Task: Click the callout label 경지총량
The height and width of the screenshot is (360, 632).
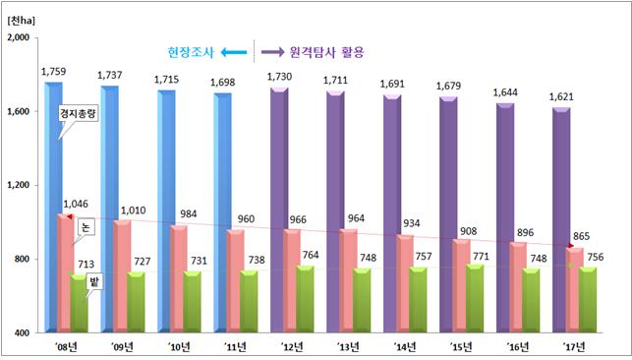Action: click(x=79, y=115)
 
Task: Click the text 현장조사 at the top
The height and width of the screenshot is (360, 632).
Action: click(x=189, y=50)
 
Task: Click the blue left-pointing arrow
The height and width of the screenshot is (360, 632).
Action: click(x=232, y=50)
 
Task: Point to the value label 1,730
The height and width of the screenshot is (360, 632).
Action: click(x=279, y=77)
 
